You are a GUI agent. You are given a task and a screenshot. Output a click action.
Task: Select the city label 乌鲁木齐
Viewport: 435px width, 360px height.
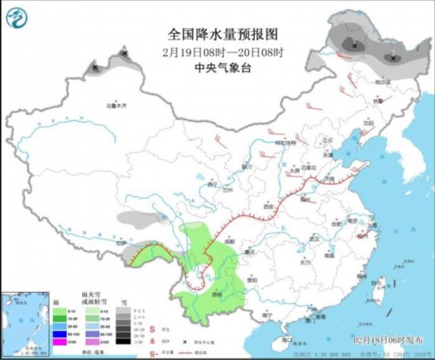116,105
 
